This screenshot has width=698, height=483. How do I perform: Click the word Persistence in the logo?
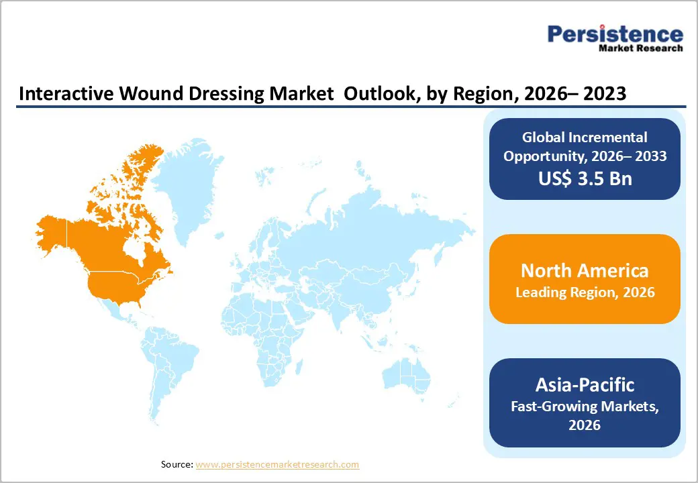coord(615,34)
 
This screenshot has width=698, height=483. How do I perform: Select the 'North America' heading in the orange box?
coord(585,270)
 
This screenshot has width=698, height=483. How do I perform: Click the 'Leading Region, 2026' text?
coord(585,292)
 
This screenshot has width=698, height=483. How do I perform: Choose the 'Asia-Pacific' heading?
coord(585,384)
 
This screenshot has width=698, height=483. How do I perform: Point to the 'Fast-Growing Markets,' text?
coord(585,406)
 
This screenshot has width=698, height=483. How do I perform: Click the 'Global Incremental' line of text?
coord(585,138)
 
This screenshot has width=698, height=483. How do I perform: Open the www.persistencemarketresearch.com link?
coord(277,464)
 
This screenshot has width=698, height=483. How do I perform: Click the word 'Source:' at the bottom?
coord(177,464)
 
